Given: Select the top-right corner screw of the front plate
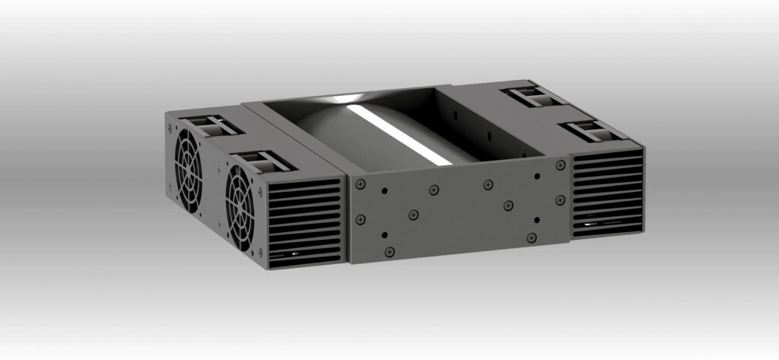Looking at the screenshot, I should [561, 164].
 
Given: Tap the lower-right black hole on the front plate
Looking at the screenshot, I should [537, 220].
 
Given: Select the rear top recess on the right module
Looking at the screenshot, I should [533, 96].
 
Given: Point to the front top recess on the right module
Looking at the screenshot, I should [591, 131].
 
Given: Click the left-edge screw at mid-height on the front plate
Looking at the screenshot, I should [360, 220].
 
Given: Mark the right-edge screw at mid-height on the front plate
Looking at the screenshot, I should [561, 199].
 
